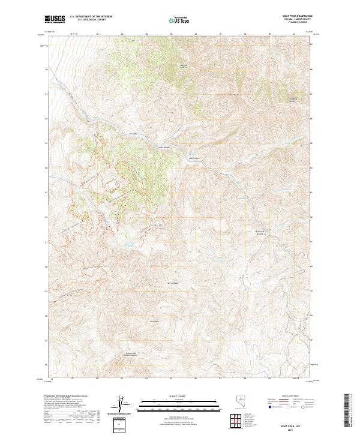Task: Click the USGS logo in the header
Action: click(55, 19)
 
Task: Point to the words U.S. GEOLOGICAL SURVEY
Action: click(92, 20)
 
